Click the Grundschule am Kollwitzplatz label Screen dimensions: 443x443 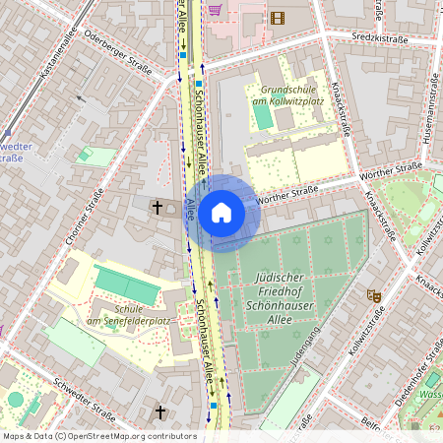coord(287,95)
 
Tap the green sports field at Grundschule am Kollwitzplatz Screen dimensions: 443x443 coord(263,115)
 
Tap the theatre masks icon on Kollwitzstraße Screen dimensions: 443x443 coord(374,294)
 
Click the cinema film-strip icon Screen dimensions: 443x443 coord(277,17)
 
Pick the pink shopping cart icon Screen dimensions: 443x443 coord(215,8)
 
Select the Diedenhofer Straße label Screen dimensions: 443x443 coord(414,379)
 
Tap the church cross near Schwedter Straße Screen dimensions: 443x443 coord(160,411)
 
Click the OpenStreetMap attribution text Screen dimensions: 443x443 coord(99,435)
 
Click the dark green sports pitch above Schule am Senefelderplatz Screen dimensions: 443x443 coord(125,285)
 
